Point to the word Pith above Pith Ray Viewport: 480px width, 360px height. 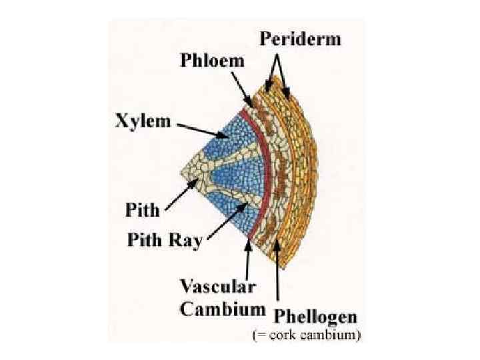coord(143,211)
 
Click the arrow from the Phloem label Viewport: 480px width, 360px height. coord(242,90)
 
